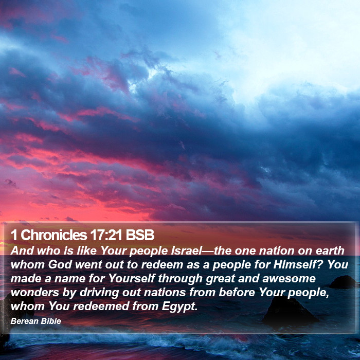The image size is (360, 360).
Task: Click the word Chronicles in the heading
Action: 53,235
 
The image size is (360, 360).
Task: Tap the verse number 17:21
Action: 106,235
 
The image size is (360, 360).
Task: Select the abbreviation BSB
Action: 140,235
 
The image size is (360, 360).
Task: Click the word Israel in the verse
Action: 186,250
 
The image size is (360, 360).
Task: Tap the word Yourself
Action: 132,279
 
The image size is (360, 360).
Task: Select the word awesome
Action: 289,279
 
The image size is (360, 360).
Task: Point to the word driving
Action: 99,293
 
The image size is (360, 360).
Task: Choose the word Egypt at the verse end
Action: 179,307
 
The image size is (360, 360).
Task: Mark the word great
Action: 220,279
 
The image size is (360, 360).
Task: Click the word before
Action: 237,293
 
